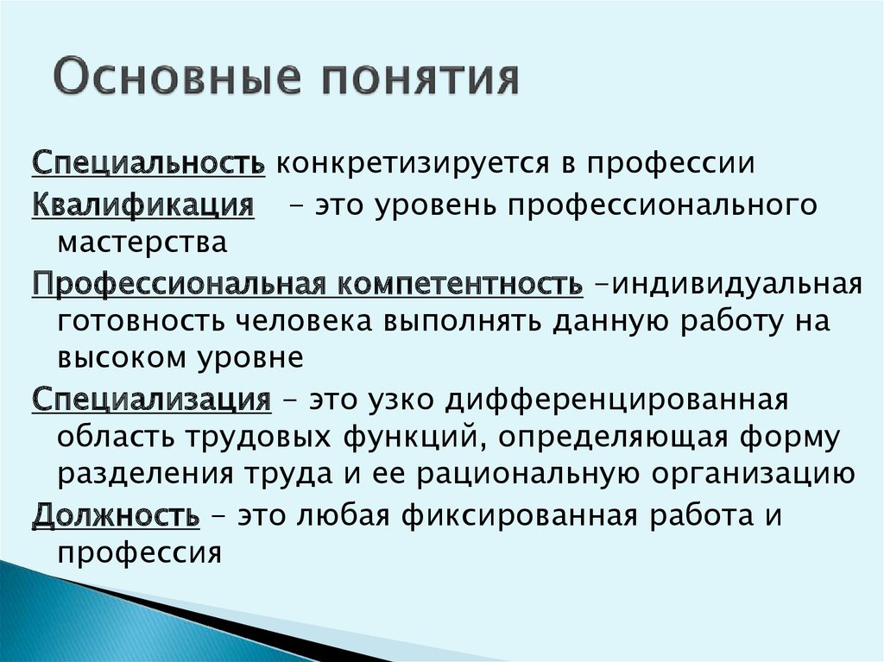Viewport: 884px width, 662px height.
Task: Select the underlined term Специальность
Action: [148, 163]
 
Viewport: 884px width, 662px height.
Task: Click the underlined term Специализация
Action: [152, 400]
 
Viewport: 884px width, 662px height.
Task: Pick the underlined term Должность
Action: [116, 516]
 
